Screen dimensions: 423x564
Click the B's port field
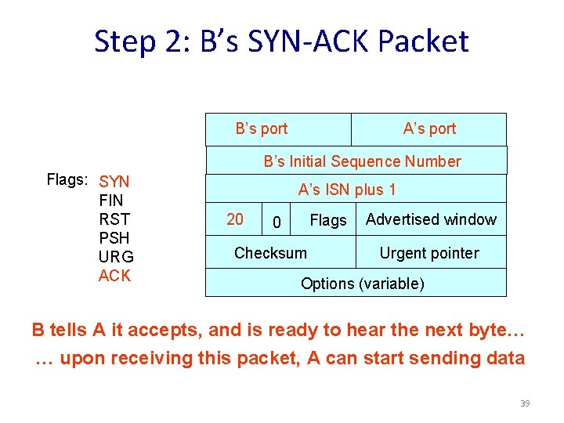(262, 129)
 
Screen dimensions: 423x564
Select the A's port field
(429, 129)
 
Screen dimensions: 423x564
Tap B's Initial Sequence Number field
(362, 162)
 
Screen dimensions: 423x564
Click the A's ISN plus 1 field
(347, 190)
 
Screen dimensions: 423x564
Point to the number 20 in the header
(234, 220)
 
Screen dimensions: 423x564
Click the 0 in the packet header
(276, 223)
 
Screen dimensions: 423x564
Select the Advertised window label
(431, 220)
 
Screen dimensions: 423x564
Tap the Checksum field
(270, 253)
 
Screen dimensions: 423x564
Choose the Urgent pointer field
(428, 253)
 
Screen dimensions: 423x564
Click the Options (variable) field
(362, 284)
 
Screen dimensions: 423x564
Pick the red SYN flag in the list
(114, 183)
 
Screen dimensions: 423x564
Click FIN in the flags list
(111, 201)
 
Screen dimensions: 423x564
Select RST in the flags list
(114, 219)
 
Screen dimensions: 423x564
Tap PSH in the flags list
(114, 238)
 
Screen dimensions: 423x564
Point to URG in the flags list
(116, 257)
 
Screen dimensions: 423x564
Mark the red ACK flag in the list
(114, 276)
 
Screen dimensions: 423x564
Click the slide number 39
(525, 403)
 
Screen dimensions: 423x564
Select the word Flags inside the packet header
(327, 222)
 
